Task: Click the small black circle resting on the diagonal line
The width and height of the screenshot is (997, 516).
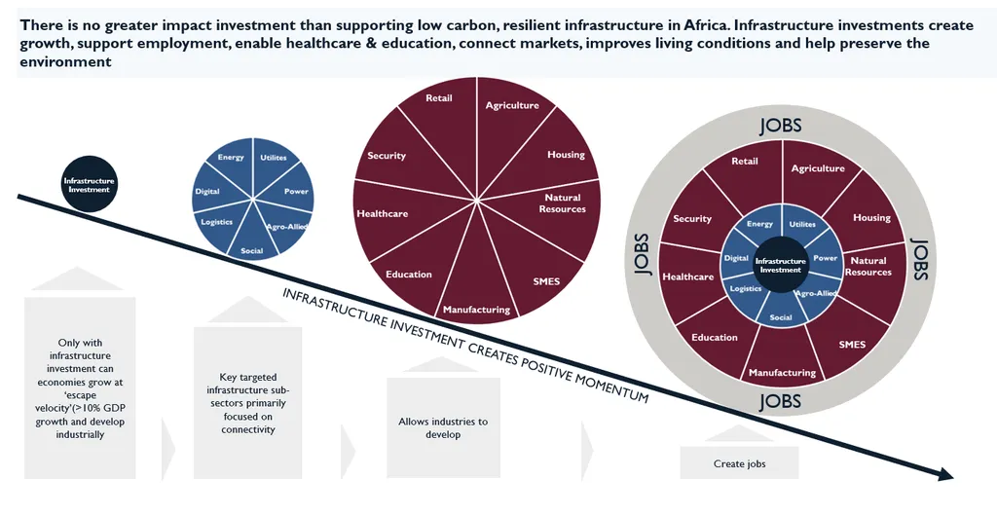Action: coord(89,184)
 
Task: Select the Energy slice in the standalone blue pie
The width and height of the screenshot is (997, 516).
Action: coord(232,166)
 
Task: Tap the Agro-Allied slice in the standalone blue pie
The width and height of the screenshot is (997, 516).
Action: coord(283,225)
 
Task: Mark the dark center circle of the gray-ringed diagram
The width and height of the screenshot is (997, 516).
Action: coord(781,265)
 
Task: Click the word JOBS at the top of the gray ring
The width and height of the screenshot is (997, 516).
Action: coord(781,126)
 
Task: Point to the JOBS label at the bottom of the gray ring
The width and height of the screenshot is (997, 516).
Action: coord(781,402)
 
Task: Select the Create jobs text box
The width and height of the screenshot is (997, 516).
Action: coord(740,463)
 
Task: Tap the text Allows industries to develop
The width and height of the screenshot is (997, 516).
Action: coord(443,427)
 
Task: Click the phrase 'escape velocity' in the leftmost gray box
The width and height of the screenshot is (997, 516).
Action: coord(80,402)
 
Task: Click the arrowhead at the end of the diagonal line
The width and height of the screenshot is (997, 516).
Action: coord(945,474)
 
